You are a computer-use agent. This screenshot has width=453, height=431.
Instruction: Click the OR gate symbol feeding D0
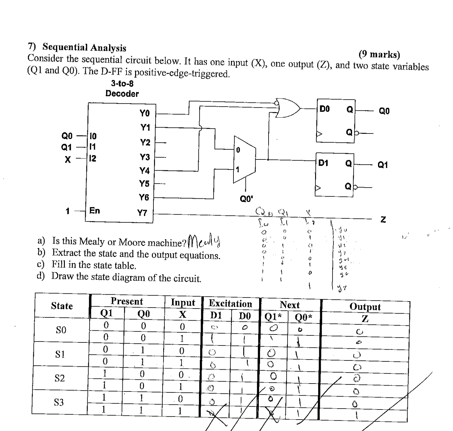click(288, 109)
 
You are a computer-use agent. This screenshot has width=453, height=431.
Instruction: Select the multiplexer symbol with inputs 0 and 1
click(244, 160)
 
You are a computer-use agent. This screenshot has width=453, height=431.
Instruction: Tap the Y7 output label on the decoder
click(142, 213)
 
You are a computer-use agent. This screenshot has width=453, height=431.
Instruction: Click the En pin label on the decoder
click(95, 210)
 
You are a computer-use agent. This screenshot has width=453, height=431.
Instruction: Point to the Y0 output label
click(144, 113)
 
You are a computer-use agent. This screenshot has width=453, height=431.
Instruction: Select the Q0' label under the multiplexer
click(247, 199)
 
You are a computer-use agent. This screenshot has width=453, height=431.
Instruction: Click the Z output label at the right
click(383, 219)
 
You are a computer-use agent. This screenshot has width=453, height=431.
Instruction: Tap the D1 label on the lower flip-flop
click(323, 163)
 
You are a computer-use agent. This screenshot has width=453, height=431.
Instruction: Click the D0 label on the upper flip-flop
click(325, 109)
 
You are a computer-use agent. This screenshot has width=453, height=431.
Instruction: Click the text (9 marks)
click(379, 55)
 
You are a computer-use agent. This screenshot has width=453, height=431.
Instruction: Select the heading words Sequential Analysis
click(84, 47)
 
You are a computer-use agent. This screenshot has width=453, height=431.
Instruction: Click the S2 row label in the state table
click(59, 378)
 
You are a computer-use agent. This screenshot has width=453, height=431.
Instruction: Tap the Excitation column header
click(230, 304)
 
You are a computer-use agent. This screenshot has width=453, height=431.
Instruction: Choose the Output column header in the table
click(365, 306)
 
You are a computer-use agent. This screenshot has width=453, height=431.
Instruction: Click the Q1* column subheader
click(273, 317)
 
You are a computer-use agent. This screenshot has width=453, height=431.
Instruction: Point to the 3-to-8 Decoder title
click(122, 89)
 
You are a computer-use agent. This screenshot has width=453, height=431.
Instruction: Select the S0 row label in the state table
click(61, 330)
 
